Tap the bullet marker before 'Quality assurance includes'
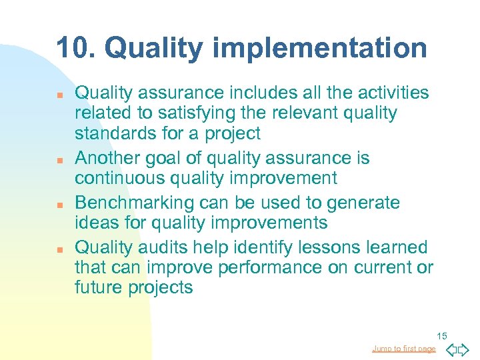coord(60,96)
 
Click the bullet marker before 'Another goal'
coord(60,161)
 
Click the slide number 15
coord(443,335)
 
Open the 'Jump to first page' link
coord(404,349)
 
